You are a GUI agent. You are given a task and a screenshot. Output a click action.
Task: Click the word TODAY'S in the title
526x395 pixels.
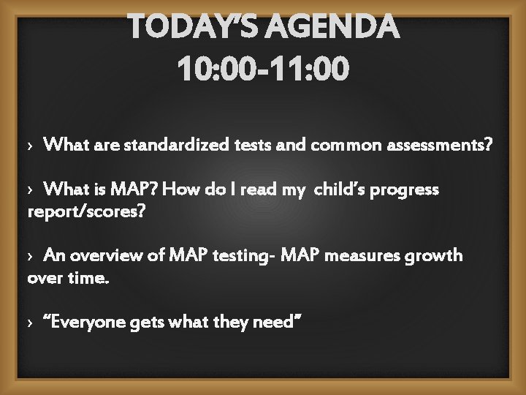(x=192, y=29)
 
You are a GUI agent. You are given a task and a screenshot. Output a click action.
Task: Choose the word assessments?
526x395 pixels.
(x=438, y=146)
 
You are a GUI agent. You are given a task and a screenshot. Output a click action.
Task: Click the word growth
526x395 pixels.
(x=435, y=256)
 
